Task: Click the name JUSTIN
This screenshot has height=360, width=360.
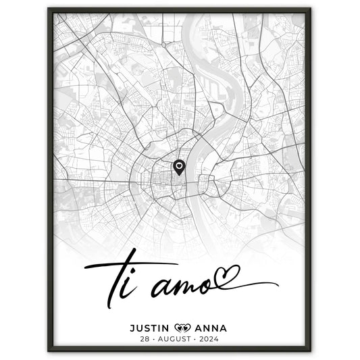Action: point(151,309)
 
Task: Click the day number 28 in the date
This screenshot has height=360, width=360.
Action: point(142,322)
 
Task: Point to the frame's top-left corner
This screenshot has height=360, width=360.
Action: point(49,9)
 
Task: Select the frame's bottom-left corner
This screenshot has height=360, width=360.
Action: point(49,351)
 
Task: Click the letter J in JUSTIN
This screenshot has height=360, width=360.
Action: point(130,309)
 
